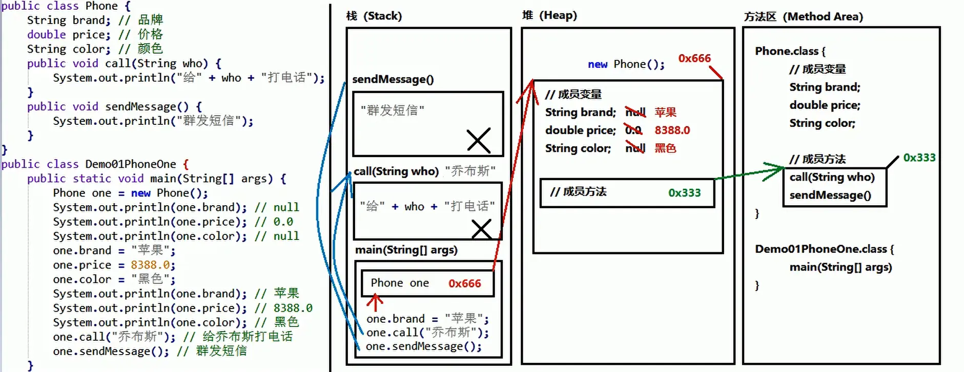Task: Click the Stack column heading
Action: pyautogui.click(x=374, y=16)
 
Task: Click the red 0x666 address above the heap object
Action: pyautogui.click(x=694, y=58)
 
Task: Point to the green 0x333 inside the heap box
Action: pyautogui.click(x=684, y=193)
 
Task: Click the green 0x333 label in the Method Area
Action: pyautogui.click(x=919, y=158)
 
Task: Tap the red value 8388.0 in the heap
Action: pyautogui.click(x=672, y=130)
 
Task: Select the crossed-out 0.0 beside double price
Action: pyautogui.click(x=633, y=130)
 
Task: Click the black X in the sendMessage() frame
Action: pyautogui.click(x=479, y=140)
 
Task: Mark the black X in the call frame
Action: pyautogui.click(x=481, y=229)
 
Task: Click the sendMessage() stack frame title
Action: pyautogui.click(x=393, y=79)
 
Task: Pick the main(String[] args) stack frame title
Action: pyautogui.click(x=406, y=250)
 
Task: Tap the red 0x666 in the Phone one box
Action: pyautogui.click(x=464, y=283)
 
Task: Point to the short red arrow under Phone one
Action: pyautogui.click(x=375, y=302)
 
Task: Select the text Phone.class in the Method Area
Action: pyautogui.click(x=786, y=51)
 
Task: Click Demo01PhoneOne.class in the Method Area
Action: pyautogui.click(x=821, y=249)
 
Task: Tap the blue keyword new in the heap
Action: pyautogui.click(x=598, y=64)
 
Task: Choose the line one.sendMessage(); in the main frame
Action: pyautogui.click(x=423, y=346)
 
